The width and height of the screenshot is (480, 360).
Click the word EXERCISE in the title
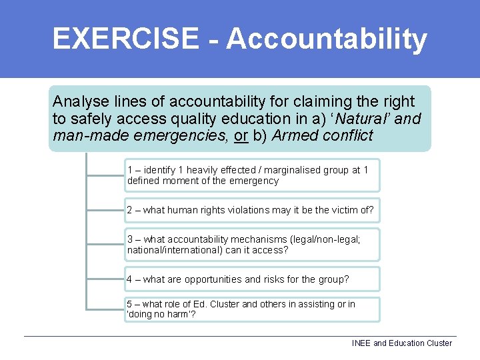point(125,39)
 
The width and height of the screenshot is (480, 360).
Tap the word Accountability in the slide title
point(326,39)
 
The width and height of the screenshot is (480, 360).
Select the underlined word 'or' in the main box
point(243,135)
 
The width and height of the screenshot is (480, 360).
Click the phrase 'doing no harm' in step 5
point(158,315)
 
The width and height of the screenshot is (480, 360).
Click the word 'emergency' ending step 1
point(254,181)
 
